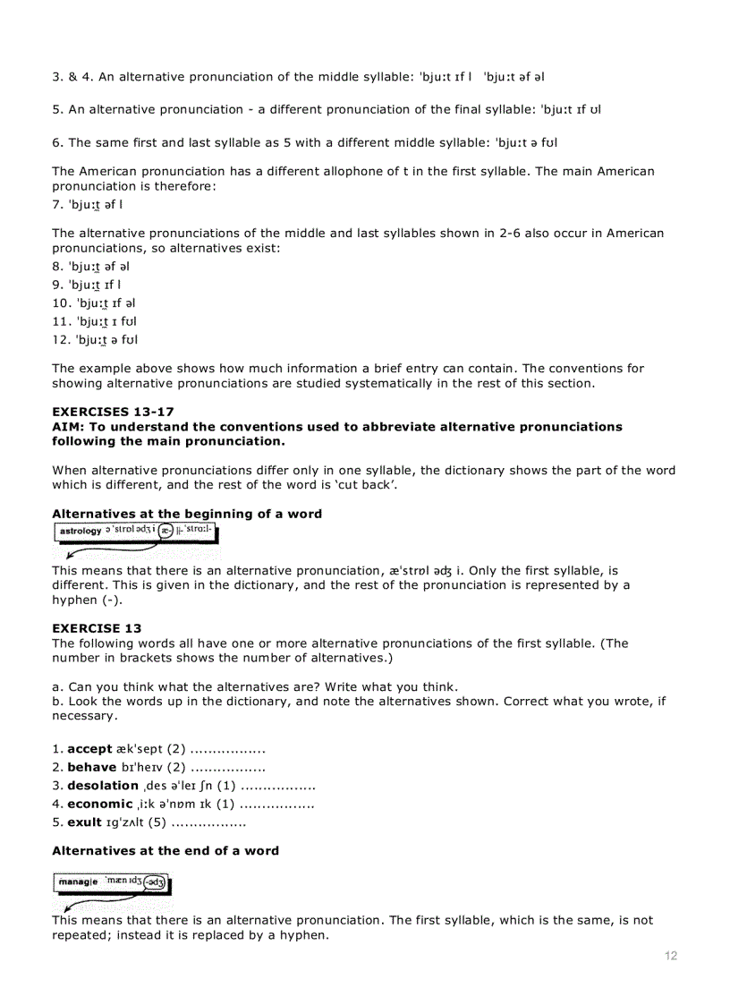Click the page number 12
point(671,956)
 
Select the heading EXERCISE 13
point(97,628)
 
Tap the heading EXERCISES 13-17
point(113,412)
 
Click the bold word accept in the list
point(89,748)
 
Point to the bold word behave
point(92,767)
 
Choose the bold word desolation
point(103,786)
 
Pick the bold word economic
point(99,804)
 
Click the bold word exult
point(84,822)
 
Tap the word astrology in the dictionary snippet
point(81,532)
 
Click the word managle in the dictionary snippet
point(79,882)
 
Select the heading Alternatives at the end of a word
point(166,850)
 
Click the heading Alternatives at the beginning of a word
point(187,514)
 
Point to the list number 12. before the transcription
point(63,339)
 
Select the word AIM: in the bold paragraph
point(69,427)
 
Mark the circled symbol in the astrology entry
point(166,531)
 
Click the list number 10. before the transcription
point(63,302)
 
